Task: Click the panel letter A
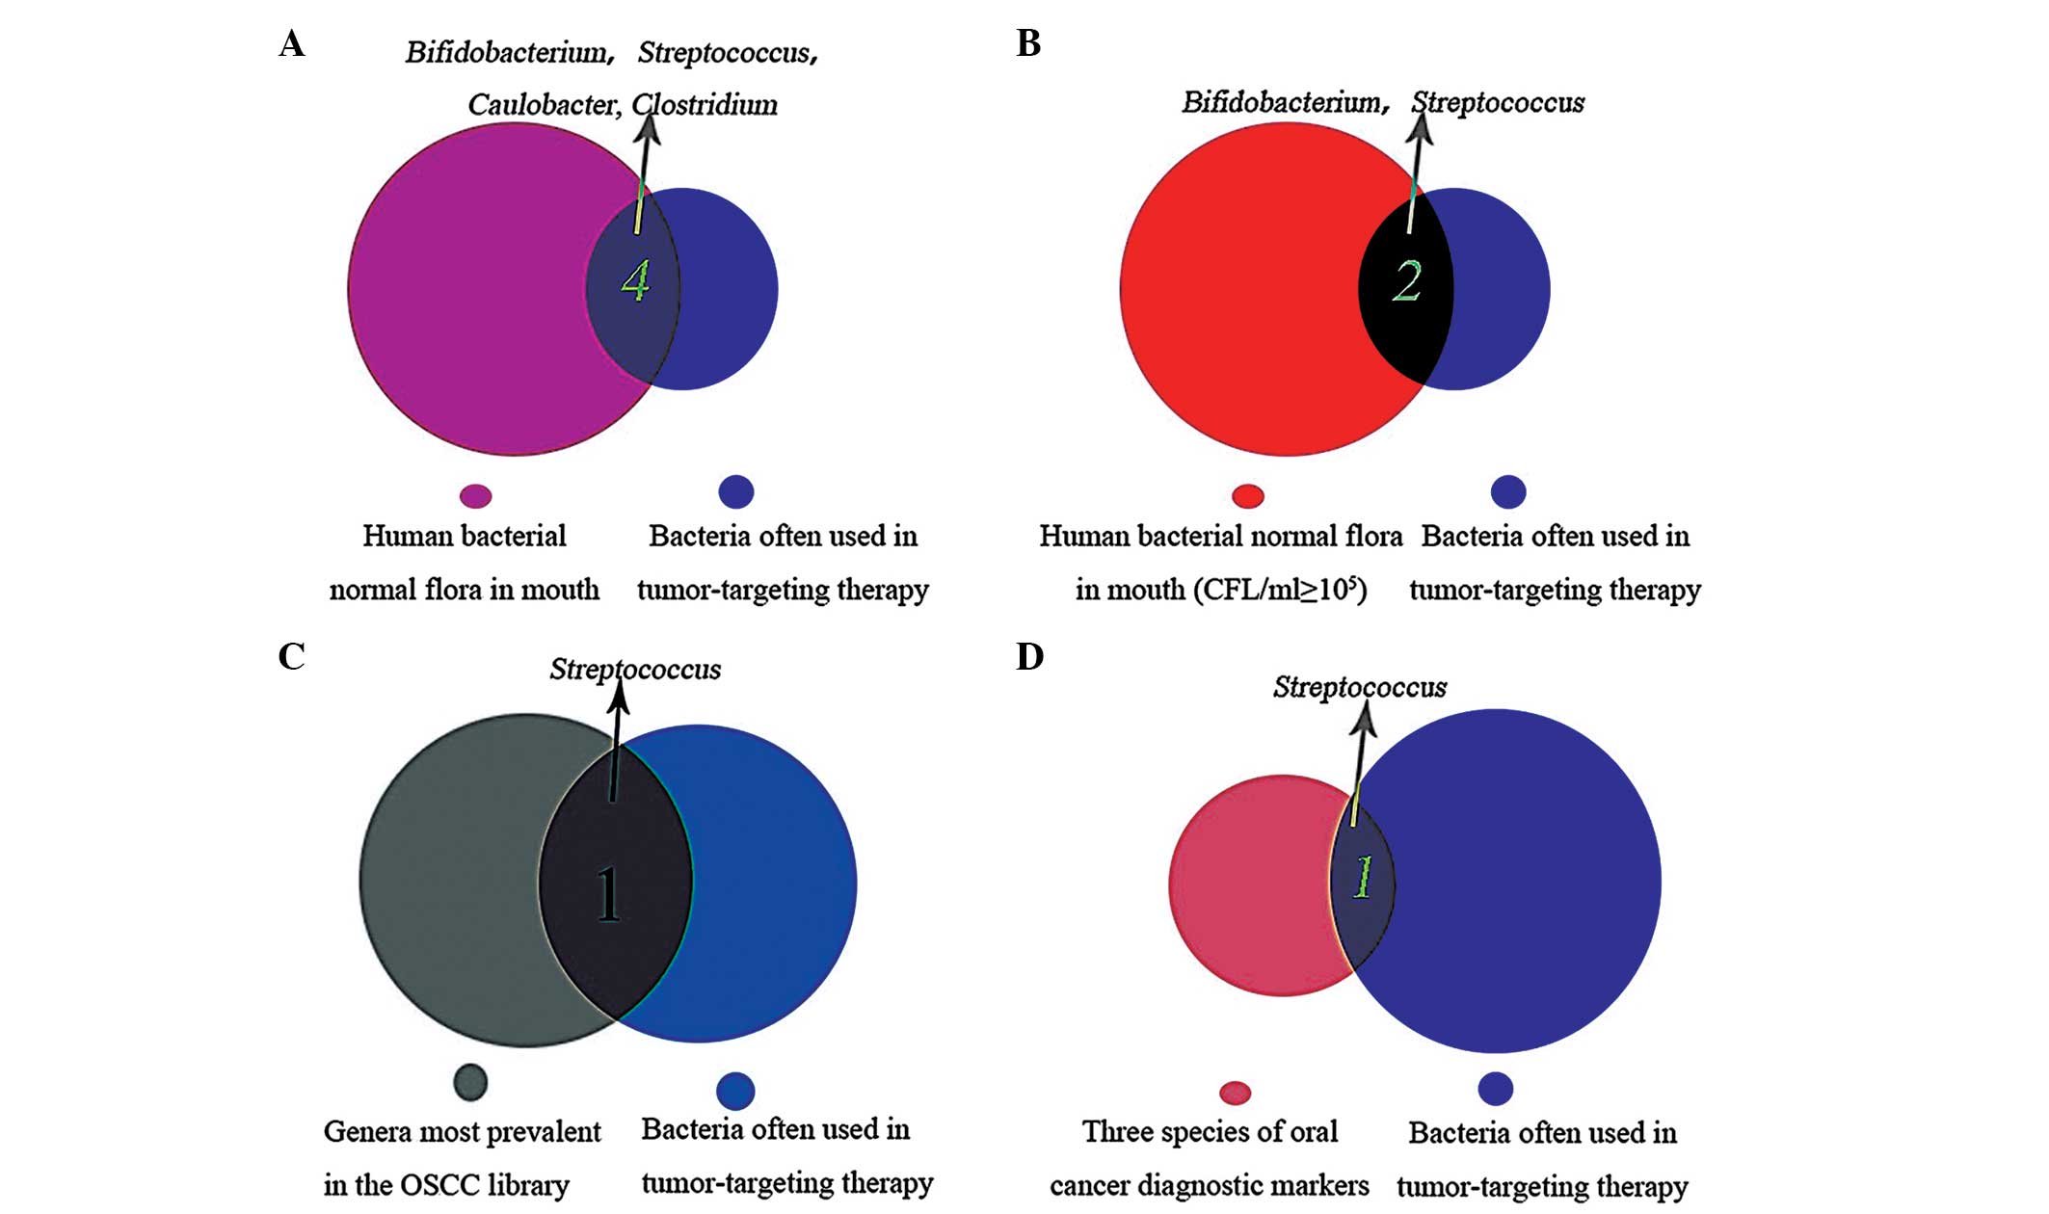[291, 44]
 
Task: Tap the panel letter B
[1028, 44]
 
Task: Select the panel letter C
[291, 657]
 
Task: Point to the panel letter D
[1029, 657]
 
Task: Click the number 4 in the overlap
[635, 281]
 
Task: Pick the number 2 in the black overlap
[1407, 281]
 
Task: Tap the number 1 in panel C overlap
[608, 894]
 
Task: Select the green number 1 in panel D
[1362, 878]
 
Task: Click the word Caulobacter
[544, 105]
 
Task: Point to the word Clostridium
[705, 105]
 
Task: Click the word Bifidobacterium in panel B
[1285, 102]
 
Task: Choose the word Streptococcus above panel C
[635, 670]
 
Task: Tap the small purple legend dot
[476, 496]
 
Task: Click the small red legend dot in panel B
[1248, 496]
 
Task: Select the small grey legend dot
[470, 1082]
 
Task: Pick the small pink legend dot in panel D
[1235, 1093]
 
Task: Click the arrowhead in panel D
[1365, 718]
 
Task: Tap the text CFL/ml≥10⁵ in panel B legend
[1279, 590]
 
